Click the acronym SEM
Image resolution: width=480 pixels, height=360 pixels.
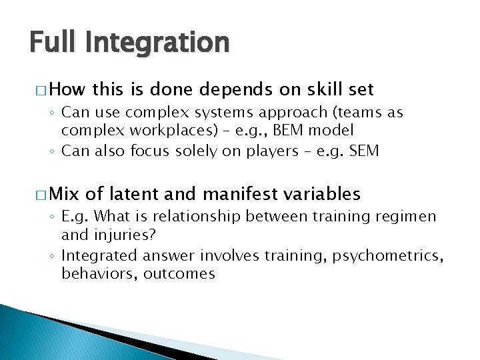click(x=365, y=151)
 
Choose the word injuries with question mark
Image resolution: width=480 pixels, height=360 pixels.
click(x=136, y=235)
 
